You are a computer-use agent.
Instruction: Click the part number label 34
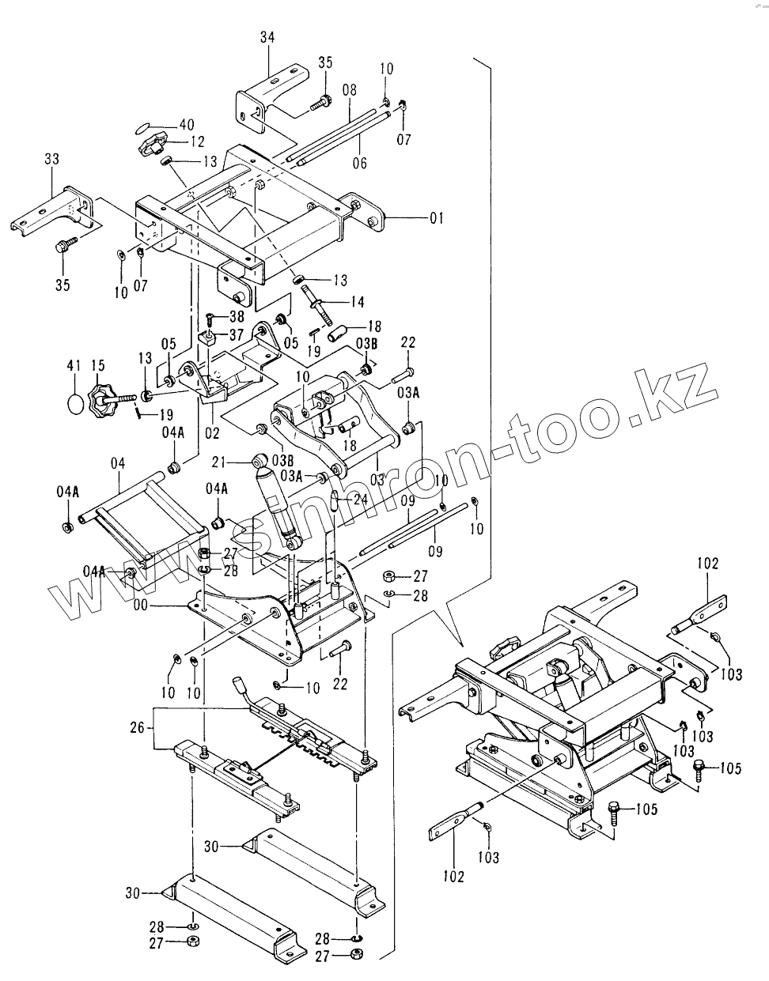(266, 36)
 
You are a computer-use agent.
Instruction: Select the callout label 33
(52, 160)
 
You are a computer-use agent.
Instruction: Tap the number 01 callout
(437, 217)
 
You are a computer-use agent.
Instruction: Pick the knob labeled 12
(152, 145)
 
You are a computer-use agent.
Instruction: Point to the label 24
(361, 499)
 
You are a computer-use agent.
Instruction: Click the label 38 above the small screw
(236, 315)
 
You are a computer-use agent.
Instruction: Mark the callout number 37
(236, 334)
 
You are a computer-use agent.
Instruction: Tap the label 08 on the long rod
(350, 91)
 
